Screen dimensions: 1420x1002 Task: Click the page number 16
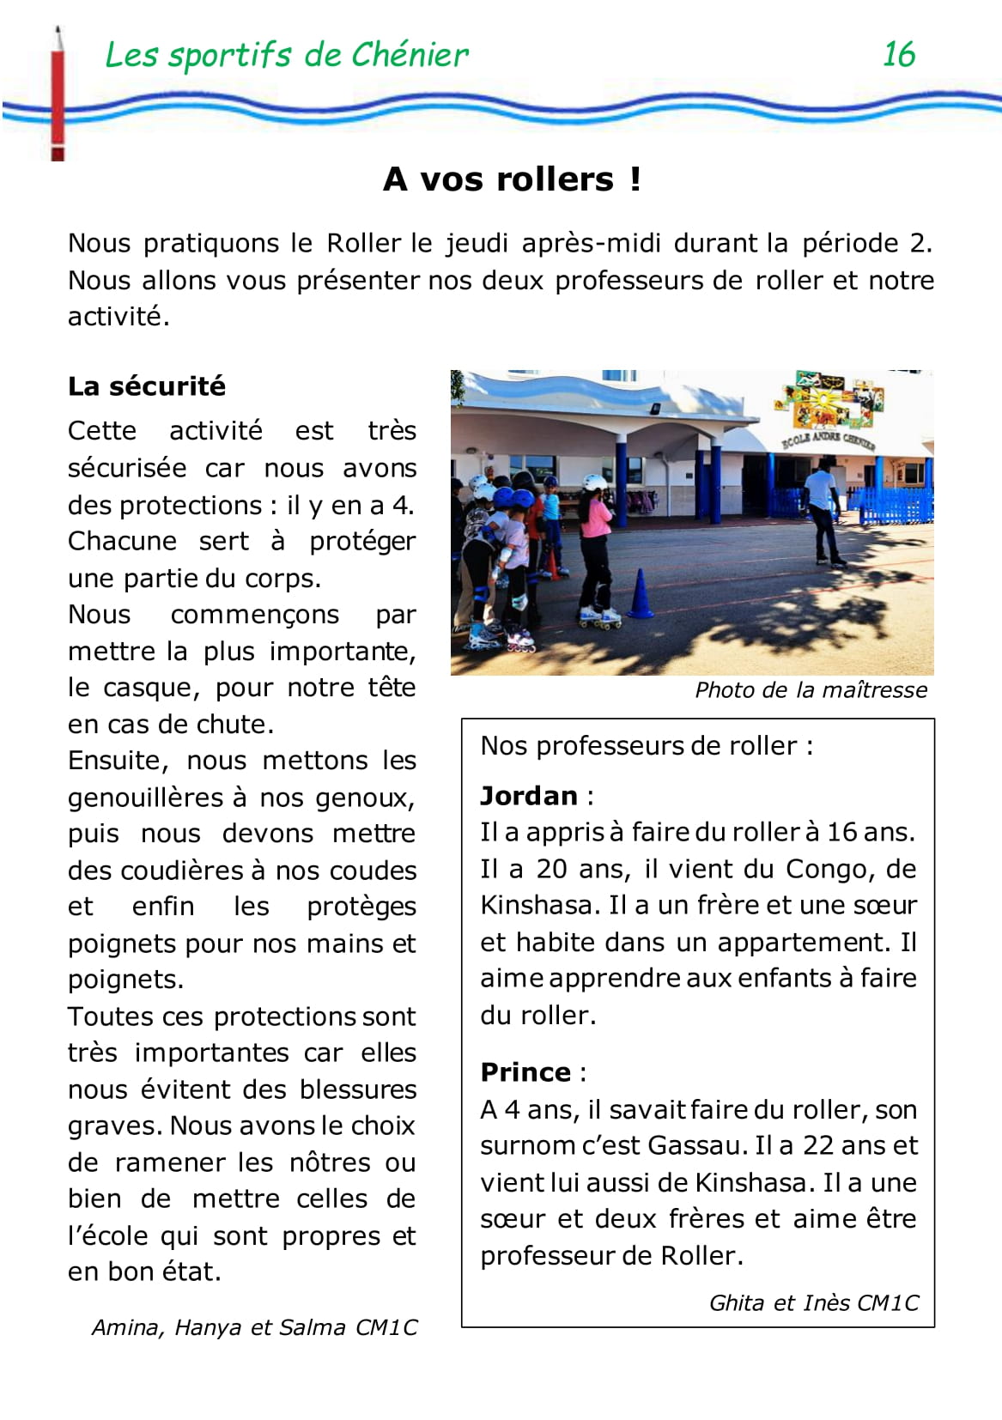(898, 55)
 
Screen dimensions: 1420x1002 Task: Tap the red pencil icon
(58, 94)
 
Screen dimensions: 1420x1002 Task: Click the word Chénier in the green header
(408, 55)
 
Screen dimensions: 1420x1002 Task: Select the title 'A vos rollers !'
(512, 179)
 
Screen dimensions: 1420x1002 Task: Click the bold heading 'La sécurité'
(147, 386)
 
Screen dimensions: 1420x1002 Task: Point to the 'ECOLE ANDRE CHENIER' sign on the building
(828, 440)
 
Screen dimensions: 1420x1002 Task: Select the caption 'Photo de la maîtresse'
(811, 690)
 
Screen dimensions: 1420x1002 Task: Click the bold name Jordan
(529, 796)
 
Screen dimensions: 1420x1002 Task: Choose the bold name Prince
(525, 1072)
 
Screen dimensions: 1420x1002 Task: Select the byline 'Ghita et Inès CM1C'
(813, 1303)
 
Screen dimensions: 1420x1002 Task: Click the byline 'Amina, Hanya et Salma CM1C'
(254, 1328)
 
